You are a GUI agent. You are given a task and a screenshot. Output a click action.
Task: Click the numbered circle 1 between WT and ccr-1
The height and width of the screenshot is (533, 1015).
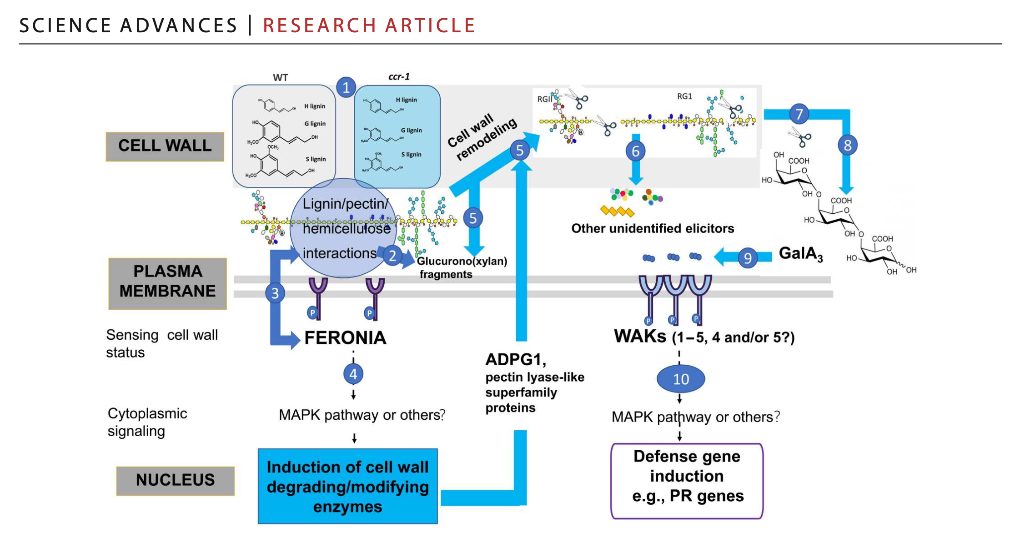click(346, 87)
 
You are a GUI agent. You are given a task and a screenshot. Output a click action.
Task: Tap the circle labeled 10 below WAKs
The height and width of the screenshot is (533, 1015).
click(681, 379)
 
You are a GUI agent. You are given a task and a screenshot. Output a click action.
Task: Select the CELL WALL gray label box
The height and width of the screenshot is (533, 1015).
click(165, 146)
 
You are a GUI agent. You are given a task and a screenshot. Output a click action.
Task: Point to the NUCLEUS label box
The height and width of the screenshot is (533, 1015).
click(176, 480)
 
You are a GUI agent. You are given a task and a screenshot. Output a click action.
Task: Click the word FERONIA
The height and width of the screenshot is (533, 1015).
click(345, 338)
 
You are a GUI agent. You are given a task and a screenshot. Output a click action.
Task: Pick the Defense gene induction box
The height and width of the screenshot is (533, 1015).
click(687, 480)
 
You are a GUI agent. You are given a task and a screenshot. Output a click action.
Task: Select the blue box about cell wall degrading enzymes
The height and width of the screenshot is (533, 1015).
click(348, 486)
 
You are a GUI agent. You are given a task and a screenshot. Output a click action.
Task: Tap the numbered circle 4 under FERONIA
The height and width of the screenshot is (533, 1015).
click(353, 374)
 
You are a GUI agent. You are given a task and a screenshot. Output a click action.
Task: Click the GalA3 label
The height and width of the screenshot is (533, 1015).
click(800, 253)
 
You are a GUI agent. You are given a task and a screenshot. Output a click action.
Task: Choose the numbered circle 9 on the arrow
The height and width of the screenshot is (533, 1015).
click(748, 258)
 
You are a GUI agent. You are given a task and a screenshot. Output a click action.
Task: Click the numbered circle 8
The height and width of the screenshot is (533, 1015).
click(847, 146)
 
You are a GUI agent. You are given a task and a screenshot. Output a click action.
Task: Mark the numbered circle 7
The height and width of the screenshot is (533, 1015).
click(799, 114)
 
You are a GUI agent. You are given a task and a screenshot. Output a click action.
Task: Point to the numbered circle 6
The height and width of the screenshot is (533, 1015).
click(636, 151)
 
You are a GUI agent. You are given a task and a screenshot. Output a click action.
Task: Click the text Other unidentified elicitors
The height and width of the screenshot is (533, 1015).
click(653, 228)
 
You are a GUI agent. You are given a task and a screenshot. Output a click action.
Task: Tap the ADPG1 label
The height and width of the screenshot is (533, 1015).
click(515, 360)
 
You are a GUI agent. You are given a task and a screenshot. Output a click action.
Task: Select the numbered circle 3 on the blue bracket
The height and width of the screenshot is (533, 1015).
click(275, 293)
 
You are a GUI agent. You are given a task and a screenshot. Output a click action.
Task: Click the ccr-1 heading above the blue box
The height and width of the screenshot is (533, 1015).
click(399, 76)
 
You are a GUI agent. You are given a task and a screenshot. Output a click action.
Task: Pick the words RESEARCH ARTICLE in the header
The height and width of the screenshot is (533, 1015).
click(369, 25)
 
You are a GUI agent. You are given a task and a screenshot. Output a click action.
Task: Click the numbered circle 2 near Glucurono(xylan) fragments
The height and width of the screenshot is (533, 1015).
click(392, 256)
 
